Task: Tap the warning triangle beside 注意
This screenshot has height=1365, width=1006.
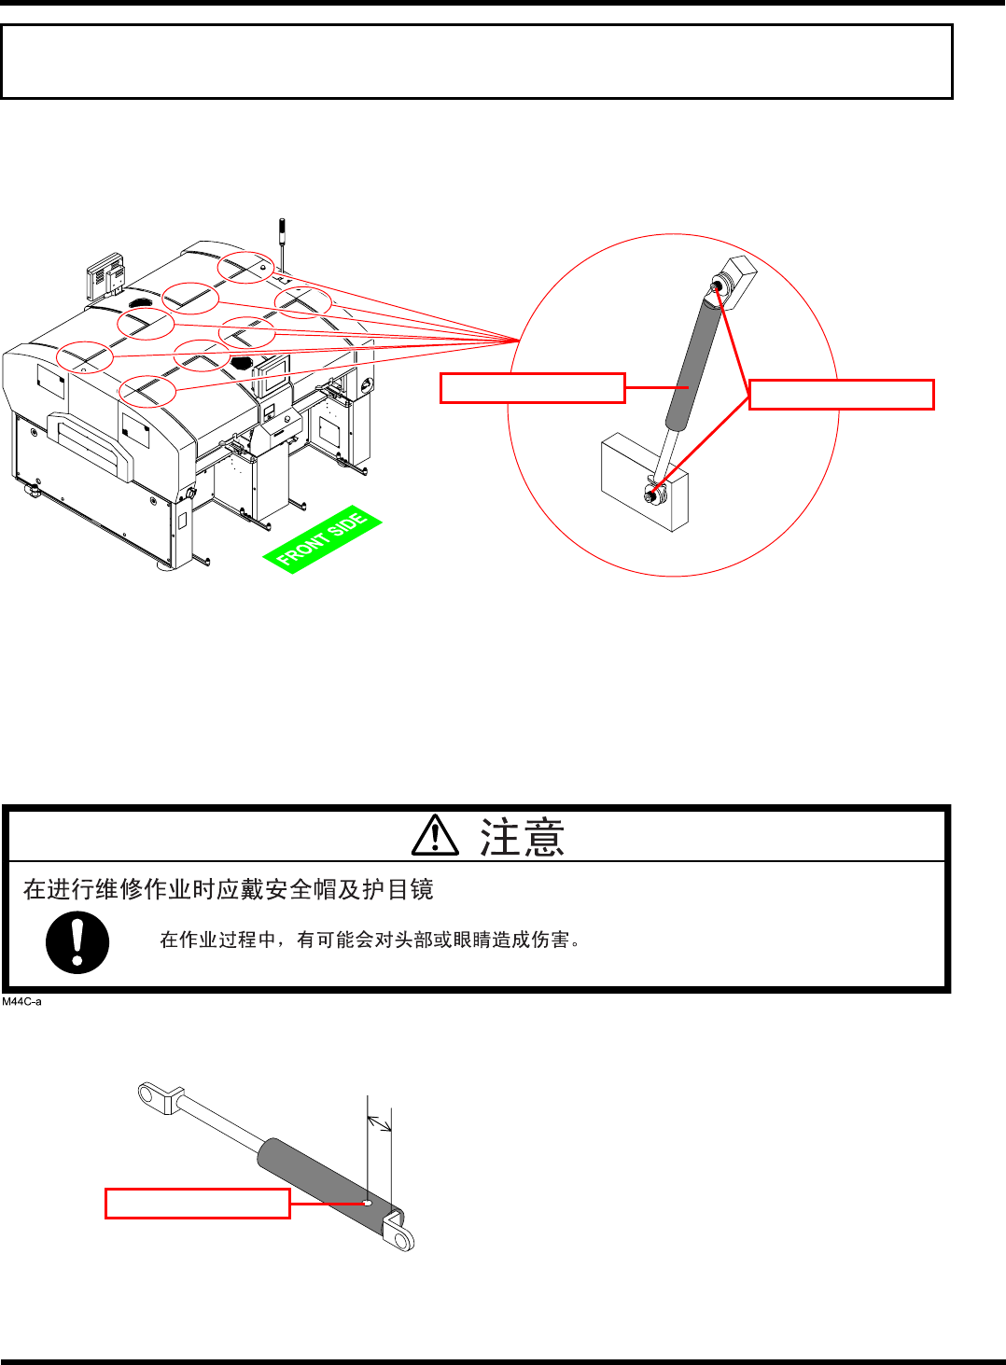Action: [435, 836]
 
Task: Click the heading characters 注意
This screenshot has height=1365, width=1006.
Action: [523, 837]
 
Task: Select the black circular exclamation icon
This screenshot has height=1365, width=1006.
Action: [77, 942]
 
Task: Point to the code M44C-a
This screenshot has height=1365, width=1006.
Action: [21, 1002]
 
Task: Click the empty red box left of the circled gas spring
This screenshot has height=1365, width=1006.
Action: [532, 388]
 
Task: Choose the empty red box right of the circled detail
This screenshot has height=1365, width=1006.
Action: [841, 395]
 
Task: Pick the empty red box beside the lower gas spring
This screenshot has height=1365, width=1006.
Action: [197, 1204]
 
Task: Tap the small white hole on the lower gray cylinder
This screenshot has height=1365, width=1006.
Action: [368, 1203]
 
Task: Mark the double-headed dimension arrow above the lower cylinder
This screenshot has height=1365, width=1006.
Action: [380, 1123]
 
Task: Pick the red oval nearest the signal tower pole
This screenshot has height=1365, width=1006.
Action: [246, 267]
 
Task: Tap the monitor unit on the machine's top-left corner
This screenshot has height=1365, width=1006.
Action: [106, 275]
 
